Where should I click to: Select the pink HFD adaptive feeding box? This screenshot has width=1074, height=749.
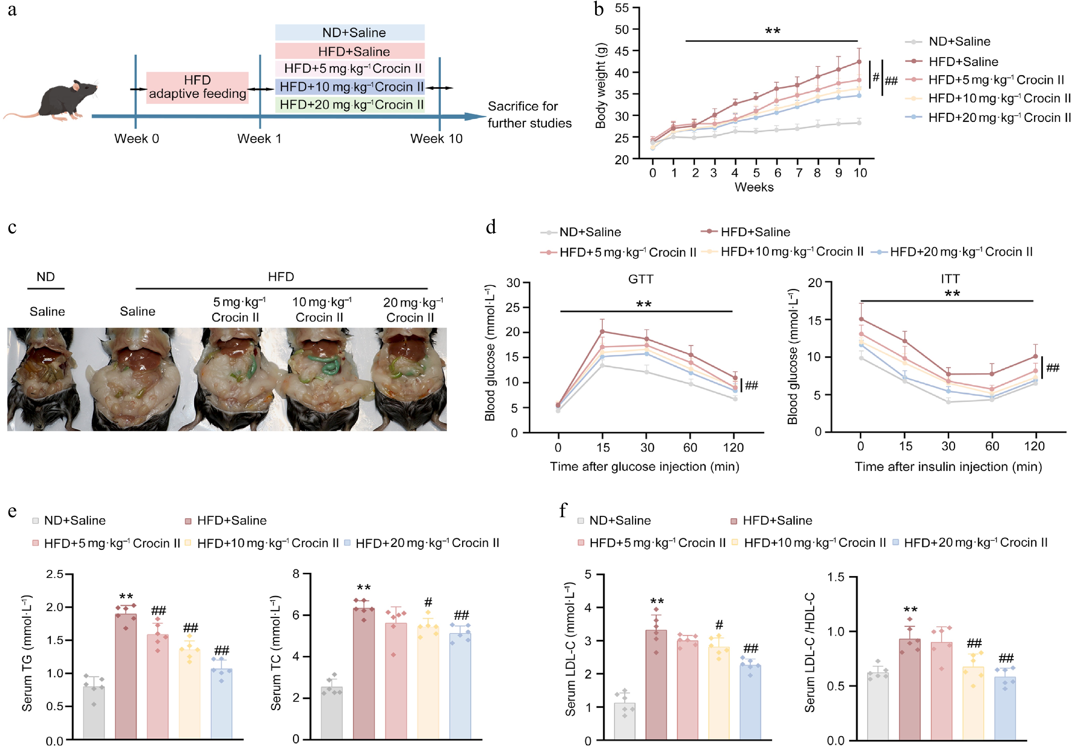(198, 87)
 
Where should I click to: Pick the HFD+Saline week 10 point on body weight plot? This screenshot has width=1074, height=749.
(859, 62)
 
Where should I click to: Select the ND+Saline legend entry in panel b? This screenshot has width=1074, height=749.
(959, 42)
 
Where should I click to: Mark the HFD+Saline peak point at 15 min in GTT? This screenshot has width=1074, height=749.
(602, 331)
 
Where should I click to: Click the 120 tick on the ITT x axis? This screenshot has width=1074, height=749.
(1034, 446)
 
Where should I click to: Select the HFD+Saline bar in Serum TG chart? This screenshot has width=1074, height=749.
(126, 676)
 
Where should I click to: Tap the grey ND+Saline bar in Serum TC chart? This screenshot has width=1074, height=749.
(332, 713)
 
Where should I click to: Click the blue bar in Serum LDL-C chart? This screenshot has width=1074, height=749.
(750, 702)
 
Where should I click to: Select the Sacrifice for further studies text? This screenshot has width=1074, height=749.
(529, 115)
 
